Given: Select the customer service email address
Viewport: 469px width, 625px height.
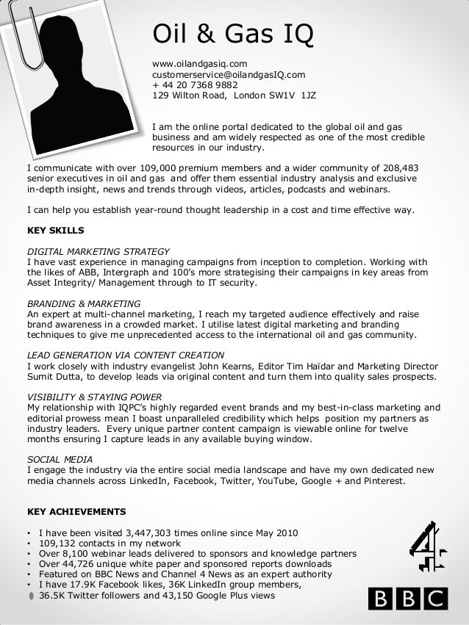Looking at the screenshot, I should click(x=229, y=74).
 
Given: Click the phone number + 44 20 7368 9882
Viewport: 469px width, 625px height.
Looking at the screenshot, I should click(x=195, y=84).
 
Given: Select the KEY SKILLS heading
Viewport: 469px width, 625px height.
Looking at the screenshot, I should click(x=55, y=230).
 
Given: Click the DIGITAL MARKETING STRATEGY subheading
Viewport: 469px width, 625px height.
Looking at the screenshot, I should click(x=98, y=250).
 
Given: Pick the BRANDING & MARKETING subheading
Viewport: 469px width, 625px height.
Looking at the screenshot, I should click(x=84, y=303).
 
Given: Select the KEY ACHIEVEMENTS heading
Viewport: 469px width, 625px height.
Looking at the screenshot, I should click(x=76, y=511).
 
